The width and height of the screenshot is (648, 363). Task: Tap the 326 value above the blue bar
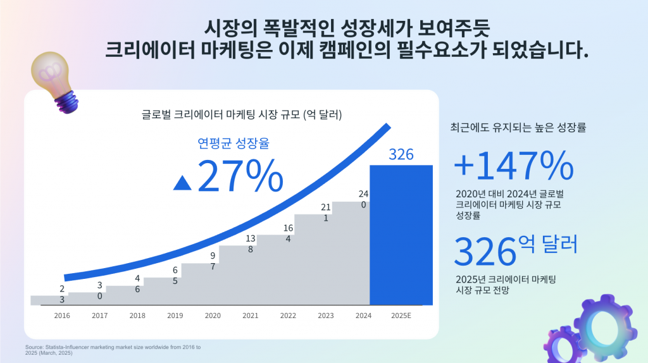(x=401, y=154)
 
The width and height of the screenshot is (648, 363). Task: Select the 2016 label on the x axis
(x=62, y=316)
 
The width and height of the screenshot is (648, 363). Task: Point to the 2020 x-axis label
(x=213, y=316)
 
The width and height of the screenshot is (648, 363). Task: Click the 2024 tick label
(x=363, y=316)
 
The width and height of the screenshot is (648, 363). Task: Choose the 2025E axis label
(x=401, y=316)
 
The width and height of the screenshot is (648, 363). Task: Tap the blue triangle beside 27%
(x=182, y=183)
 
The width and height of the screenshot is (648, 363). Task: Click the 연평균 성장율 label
(x=234, y=144)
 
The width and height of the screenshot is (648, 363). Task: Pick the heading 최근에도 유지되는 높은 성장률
(x=518, y=127)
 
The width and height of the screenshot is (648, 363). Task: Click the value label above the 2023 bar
(x=325, y=212)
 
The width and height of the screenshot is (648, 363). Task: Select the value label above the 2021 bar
(x=251, y=243)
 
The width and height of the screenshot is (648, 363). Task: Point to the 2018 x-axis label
(x=137, y=316)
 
